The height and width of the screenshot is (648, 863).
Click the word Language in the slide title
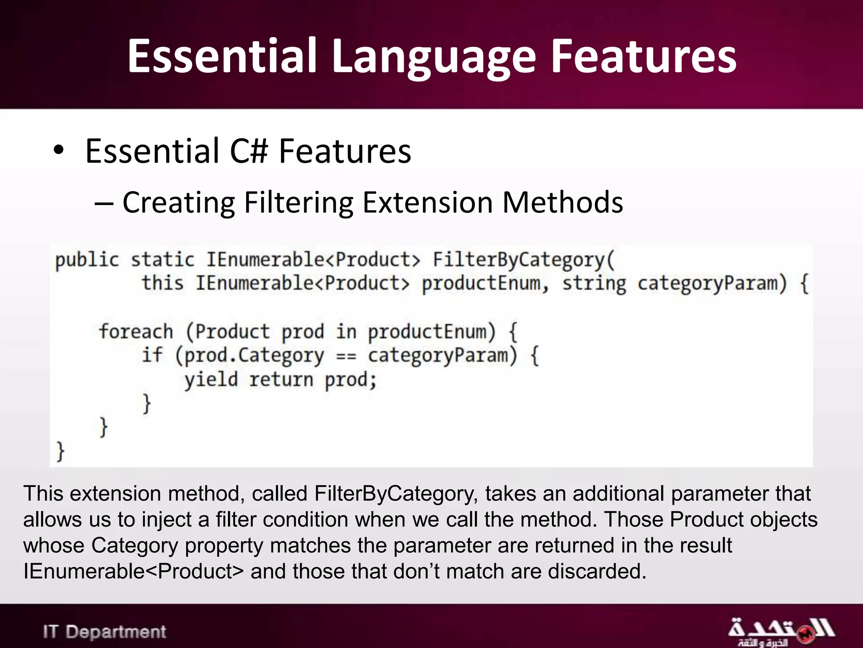coord(434,57)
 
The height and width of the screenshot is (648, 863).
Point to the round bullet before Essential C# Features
coord(59,151)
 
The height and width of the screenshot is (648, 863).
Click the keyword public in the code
coord(87,260)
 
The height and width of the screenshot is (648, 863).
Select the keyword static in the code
coord(162,260)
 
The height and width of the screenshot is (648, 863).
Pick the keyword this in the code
coord(162,283)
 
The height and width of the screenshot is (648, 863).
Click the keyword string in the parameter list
coord(594,283)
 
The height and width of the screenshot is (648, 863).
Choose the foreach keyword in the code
coord(136,332)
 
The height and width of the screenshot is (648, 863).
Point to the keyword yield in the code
coord(211,380)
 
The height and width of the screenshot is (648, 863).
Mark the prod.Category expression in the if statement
coord(254,356)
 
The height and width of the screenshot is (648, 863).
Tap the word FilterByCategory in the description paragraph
coord(396,494)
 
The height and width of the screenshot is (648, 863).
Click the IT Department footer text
coord(105,632)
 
